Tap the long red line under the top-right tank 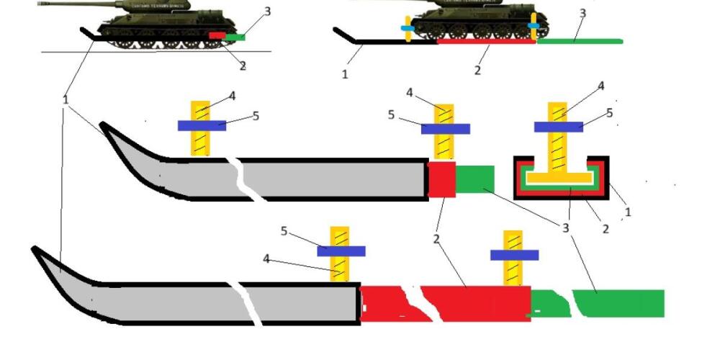[486, 42]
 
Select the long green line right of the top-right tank [580, 41]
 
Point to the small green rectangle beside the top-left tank [235, 36]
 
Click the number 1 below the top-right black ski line [345, 73]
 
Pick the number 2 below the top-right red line [477, 71]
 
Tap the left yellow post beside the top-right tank [408, 28]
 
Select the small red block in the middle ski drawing [441, 179]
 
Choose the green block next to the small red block [475, 179]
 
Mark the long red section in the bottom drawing [446, 302]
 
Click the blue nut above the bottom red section [514, 255]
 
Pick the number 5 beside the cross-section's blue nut [609, 113]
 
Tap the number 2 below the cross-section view [605, 229]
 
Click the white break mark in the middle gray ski [238, 176]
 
